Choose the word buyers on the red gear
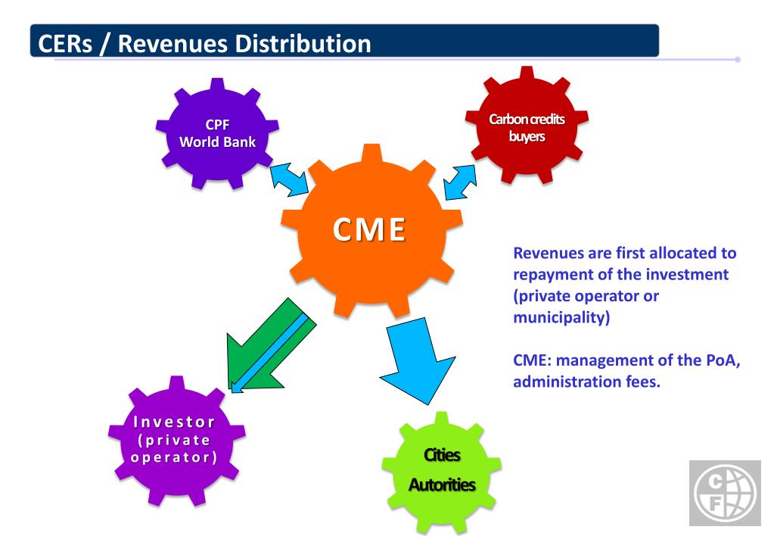pos(537,137)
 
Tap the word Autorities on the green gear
pos(442,484)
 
